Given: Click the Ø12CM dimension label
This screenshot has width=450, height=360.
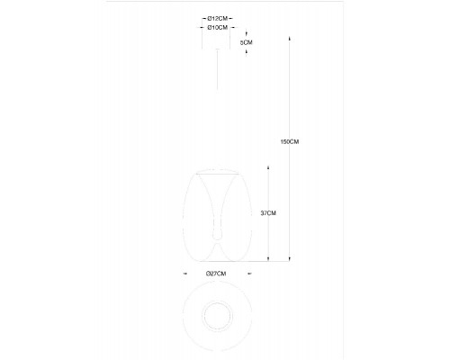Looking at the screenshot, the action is click(218, 19).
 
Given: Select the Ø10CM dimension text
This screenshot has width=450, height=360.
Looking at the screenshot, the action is click(218, 28).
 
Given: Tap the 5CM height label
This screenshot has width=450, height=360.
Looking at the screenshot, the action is click(247, 42).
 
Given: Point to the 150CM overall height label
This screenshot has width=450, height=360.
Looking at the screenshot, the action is click(290, 141).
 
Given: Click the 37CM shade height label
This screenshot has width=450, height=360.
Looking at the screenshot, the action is click(268, 213).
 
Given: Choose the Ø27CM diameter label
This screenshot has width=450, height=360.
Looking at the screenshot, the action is click(216, 274).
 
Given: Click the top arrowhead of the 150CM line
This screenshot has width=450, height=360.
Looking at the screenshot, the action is click(290, 39).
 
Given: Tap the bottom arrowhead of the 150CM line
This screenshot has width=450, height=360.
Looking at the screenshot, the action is click(290, 258).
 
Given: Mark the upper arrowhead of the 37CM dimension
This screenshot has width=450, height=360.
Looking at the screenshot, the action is click(268, 166).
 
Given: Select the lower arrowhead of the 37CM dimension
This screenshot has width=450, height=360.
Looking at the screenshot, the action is click(268, 258).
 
